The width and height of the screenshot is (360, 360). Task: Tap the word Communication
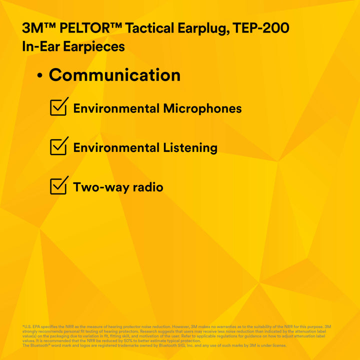pyautogui.click(x=114, y=75)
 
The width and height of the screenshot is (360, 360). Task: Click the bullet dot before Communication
pyautogui.click(x=40, y=76)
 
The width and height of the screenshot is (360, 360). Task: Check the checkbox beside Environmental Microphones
pyautogui.click(x=58, y=107)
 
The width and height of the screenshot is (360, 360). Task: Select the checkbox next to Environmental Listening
pyautogui.click(x=58, y=146)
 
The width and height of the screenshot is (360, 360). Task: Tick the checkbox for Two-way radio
pyautogui.click(x=58, y=185)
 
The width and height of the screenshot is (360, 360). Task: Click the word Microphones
pyautogui.click(x=202, y=108)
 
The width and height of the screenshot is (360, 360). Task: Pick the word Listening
pyautogui.click(x=190, y=148)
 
